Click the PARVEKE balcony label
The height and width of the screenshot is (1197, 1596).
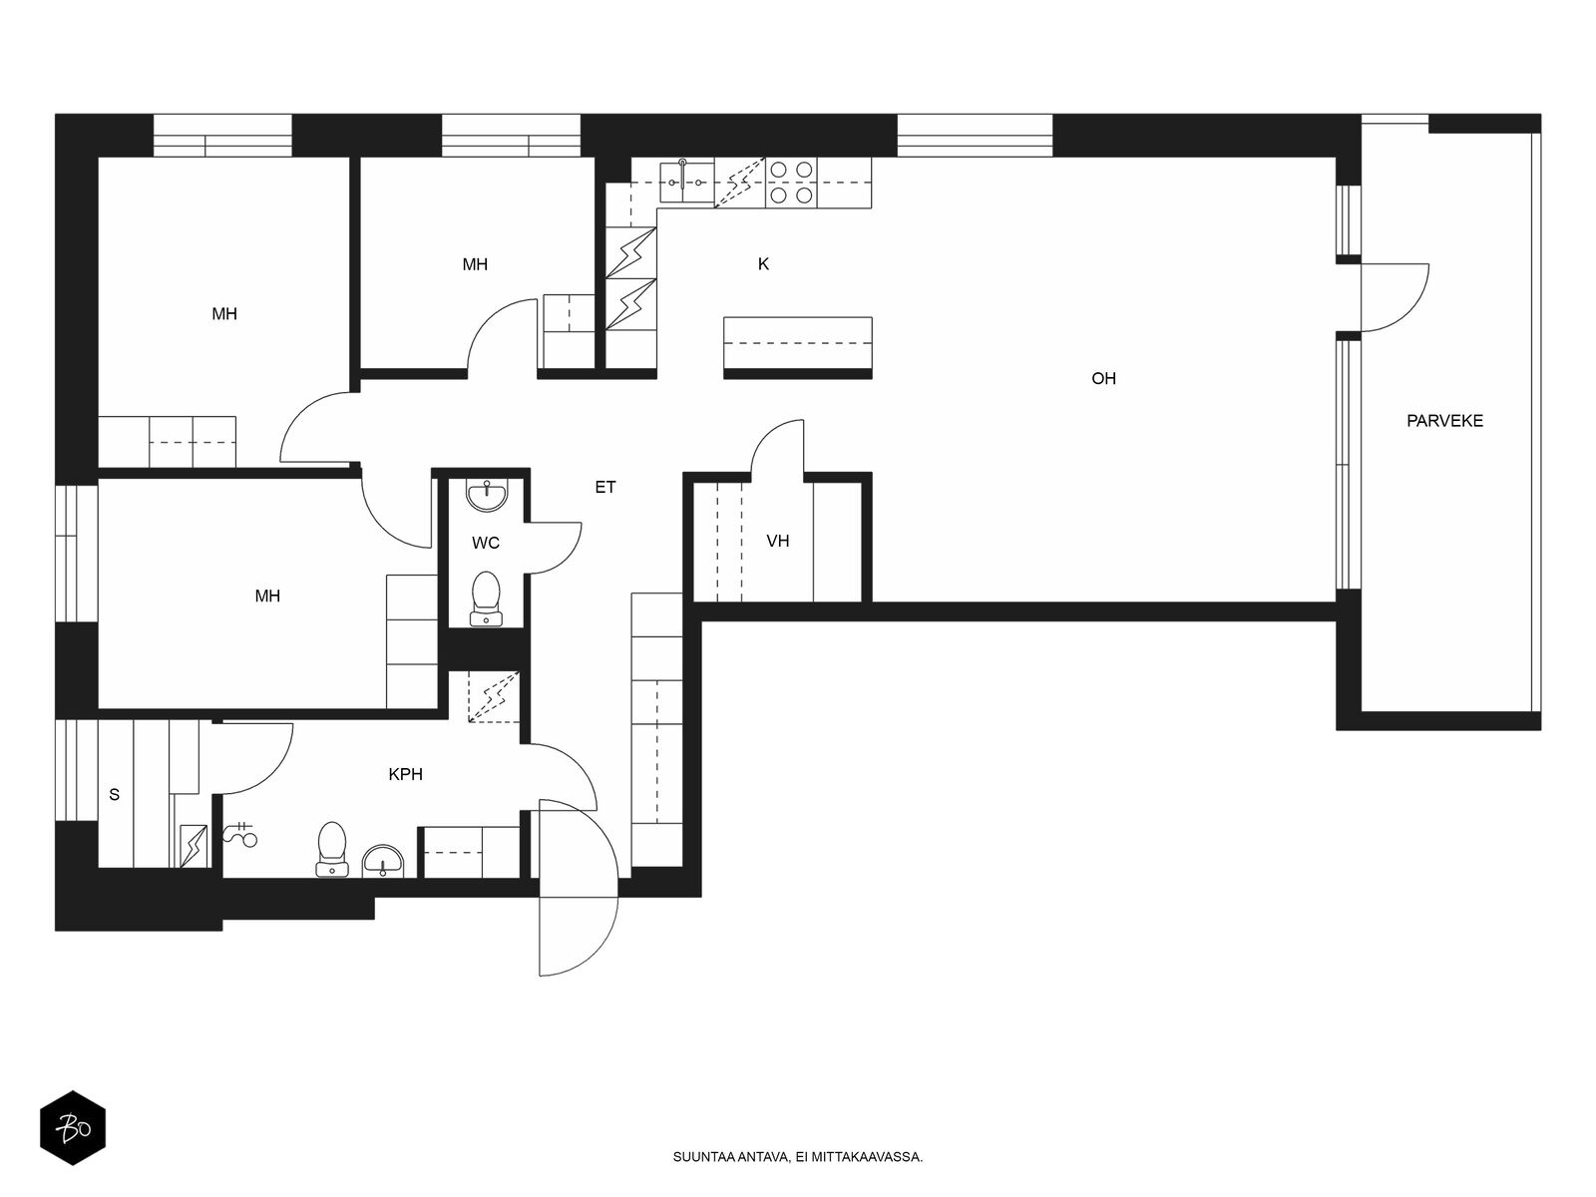[x=1444, y=421]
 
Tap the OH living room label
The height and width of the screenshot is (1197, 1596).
[x=1103, y=379]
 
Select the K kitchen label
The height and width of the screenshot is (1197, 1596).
[x=763, y=263]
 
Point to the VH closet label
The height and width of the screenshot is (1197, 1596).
[x=777, y=541]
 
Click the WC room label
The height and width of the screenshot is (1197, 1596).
[x=485, y=543]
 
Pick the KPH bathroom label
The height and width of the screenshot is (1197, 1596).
[x=405, y=775]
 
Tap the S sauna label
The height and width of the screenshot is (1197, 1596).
[x=114, y=794]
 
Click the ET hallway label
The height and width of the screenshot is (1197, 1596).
[x=604, y=488]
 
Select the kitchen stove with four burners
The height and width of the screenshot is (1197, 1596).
[x=791, y=183]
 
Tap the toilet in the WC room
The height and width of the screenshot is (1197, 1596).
[x=486, y=598]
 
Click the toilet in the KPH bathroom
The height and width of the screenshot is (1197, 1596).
[x=331, y=848]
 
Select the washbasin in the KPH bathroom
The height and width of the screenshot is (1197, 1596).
[x=382, y=861]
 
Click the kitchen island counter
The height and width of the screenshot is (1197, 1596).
[x=798, y=347]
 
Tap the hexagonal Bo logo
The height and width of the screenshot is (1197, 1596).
[x=73, y=1128]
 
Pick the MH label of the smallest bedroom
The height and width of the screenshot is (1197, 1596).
[x=475, y=264]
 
